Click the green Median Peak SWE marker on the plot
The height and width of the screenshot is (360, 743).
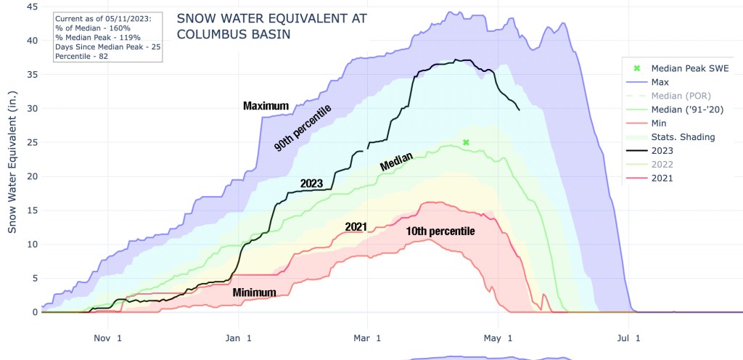coord(466,142)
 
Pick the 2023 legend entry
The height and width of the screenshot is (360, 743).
coord(665,151)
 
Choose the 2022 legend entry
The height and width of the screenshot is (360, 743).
coord(665,165)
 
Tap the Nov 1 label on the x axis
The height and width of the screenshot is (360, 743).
coord(107,337)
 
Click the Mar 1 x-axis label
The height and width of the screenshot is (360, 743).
coord(367,337)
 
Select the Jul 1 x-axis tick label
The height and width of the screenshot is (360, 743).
coord(629,337)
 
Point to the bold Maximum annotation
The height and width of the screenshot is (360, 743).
coord(266,106)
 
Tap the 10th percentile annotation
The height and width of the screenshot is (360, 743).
coord(440,232)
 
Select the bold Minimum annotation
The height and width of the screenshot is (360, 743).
coord(254,292)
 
